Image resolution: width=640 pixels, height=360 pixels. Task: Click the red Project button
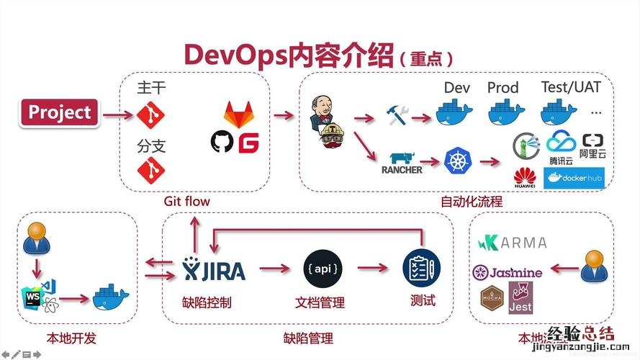(60, 113)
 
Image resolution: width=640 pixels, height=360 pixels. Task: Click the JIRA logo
(214, 269)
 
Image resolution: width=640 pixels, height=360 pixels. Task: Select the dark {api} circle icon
(320, 267)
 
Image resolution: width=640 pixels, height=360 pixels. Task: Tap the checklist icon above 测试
(420, 267)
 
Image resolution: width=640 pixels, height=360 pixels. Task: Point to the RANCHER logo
(402, 162)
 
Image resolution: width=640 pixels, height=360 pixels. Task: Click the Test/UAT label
(571, 87)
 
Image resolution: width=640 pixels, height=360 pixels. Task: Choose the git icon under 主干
(151, 114)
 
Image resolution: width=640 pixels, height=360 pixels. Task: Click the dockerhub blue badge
(574, 177)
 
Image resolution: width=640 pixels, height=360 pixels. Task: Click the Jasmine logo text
(507, 272)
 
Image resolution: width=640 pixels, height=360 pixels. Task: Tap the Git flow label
(186, 201)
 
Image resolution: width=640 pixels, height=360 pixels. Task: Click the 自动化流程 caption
(472, 202)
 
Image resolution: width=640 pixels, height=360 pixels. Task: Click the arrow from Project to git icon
(117, 113)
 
